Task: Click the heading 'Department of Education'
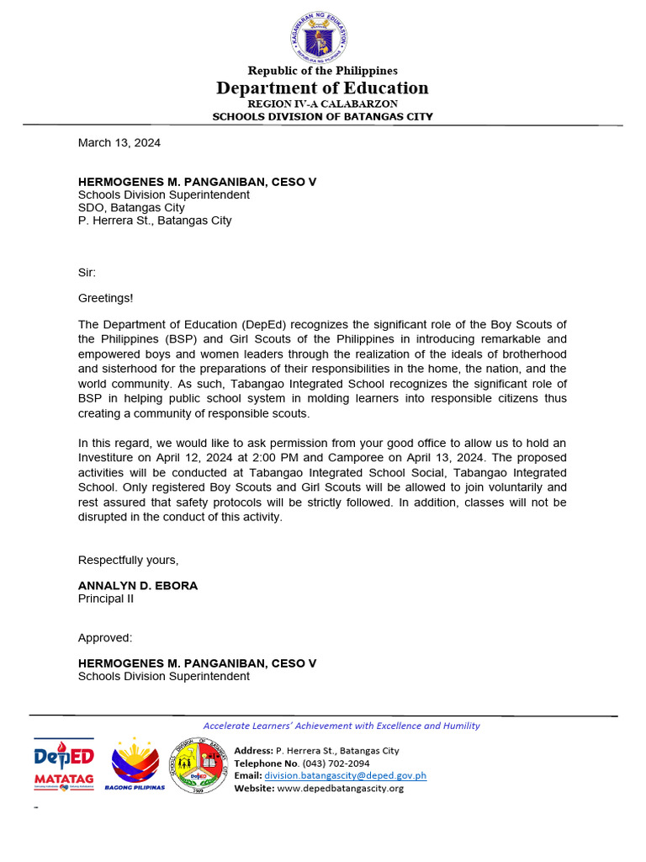tap(322, 88)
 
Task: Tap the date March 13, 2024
tap(119, 143)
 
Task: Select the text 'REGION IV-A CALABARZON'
tap(322, 104)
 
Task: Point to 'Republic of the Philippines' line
tap(322, 71)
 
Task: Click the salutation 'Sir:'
tap(87, 273)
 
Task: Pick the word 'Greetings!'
tap(105, 298)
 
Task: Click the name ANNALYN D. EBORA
tap(138, 586)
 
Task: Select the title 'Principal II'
tap(106, 599)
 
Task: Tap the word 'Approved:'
tap(105, 638)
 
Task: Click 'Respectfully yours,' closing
tap(128, 561)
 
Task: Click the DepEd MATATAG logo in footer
tap(64, 764)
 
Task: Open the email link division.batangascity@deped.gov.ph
tap(345, 775)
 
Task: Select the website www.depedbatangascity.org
tap(340, 788)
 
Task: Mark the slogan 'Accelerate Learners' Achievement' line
tap(342, 726)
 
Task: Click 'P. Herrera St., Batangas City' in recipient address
tap(155, 221)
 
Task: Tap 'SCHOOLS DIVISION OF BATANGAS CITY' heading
tap(322, 117)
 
